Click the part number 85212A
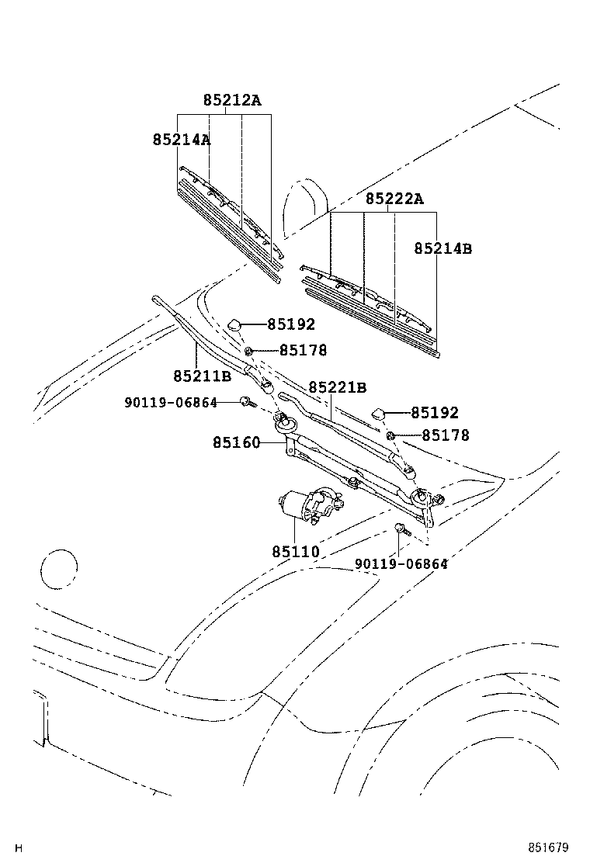(231, 100)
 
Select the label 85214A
(182, 140)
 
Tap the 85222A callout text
(394, 199)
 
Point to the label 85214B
(443, 249)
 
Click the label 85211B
(202, 376)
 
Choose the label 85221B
(338, 387)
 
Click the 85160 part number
(237, 442)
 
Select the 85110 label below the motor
(296, 552)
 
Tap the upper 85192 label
(291, 324)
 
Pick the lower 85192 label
(435, 413)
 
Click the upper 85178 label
(303, 350)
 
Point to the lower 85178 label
(446, 435)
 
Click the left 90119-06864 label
(171, 403)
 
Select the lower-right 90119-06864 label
(401, 564)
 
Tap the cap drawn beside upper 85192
(234, 324)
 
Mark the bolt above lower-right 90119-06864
(402, 530)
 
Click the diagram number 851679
(549, 847)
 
